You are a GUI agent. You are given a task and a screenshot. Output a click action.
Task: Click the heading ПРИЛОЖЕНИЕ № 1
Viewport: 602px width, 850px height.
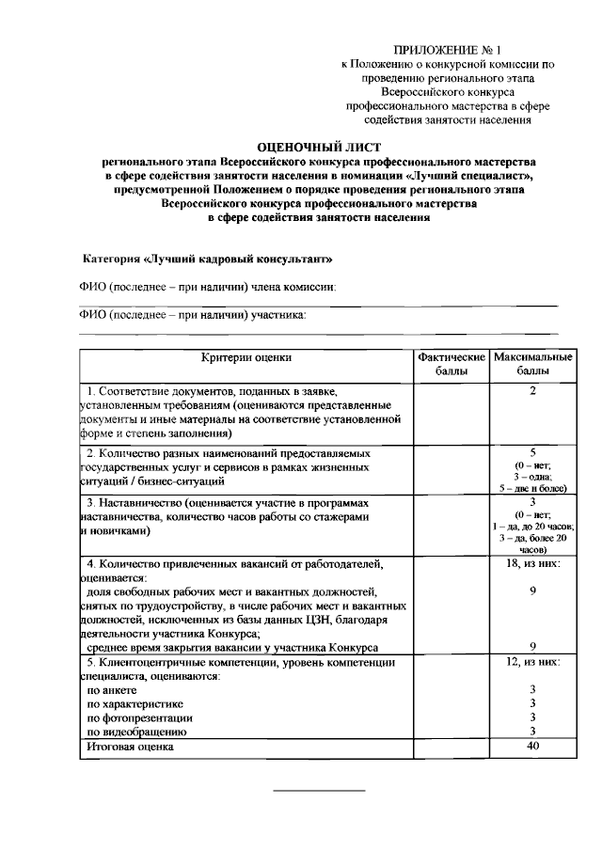tap(449, 48)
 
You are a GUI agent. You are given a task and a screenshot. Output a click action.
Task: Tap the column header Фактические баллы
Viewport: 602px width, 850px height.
tap(451, 365)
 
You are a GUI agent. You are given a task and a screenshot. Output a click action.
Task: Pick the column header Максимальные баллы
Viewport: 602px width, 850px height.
tap(532, 365)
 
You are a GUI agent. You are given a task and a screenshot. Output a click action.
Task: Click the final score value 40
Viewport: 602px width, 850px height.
tap(532, 747)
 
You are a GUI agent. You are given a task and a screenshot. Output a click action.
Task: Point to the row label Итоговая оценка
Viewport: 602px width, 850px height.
tap(130, 747)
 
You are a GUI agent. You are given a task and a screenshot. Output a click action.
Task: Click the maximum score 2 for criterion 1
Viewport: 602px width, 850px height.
tap(532, 390)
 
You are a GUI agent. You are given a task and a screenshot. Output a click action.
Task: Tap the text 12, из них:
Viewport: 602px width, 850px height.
tap(532, 662)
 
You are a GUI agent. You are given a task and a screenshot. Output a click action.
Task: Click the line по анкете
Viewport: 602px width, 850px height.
tap(111, 689)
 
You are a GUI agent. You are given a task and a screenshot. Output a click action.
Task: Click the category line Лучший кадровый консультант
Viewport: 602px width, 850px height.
tap(208, 258)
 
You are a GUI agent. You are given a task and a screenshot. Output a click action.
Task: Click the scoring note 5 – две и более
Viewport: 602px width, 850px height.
tap(532, 489)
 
